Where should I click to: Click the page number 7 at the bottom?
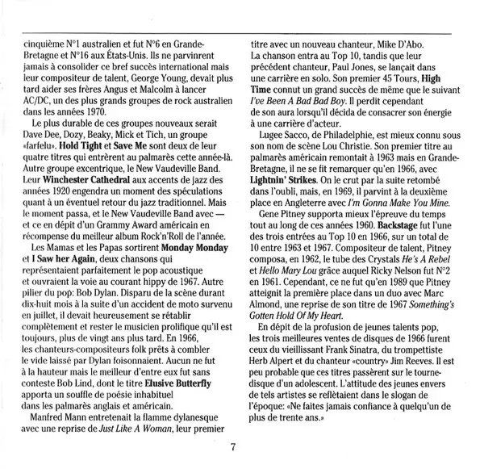click(x=233, y=449)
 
